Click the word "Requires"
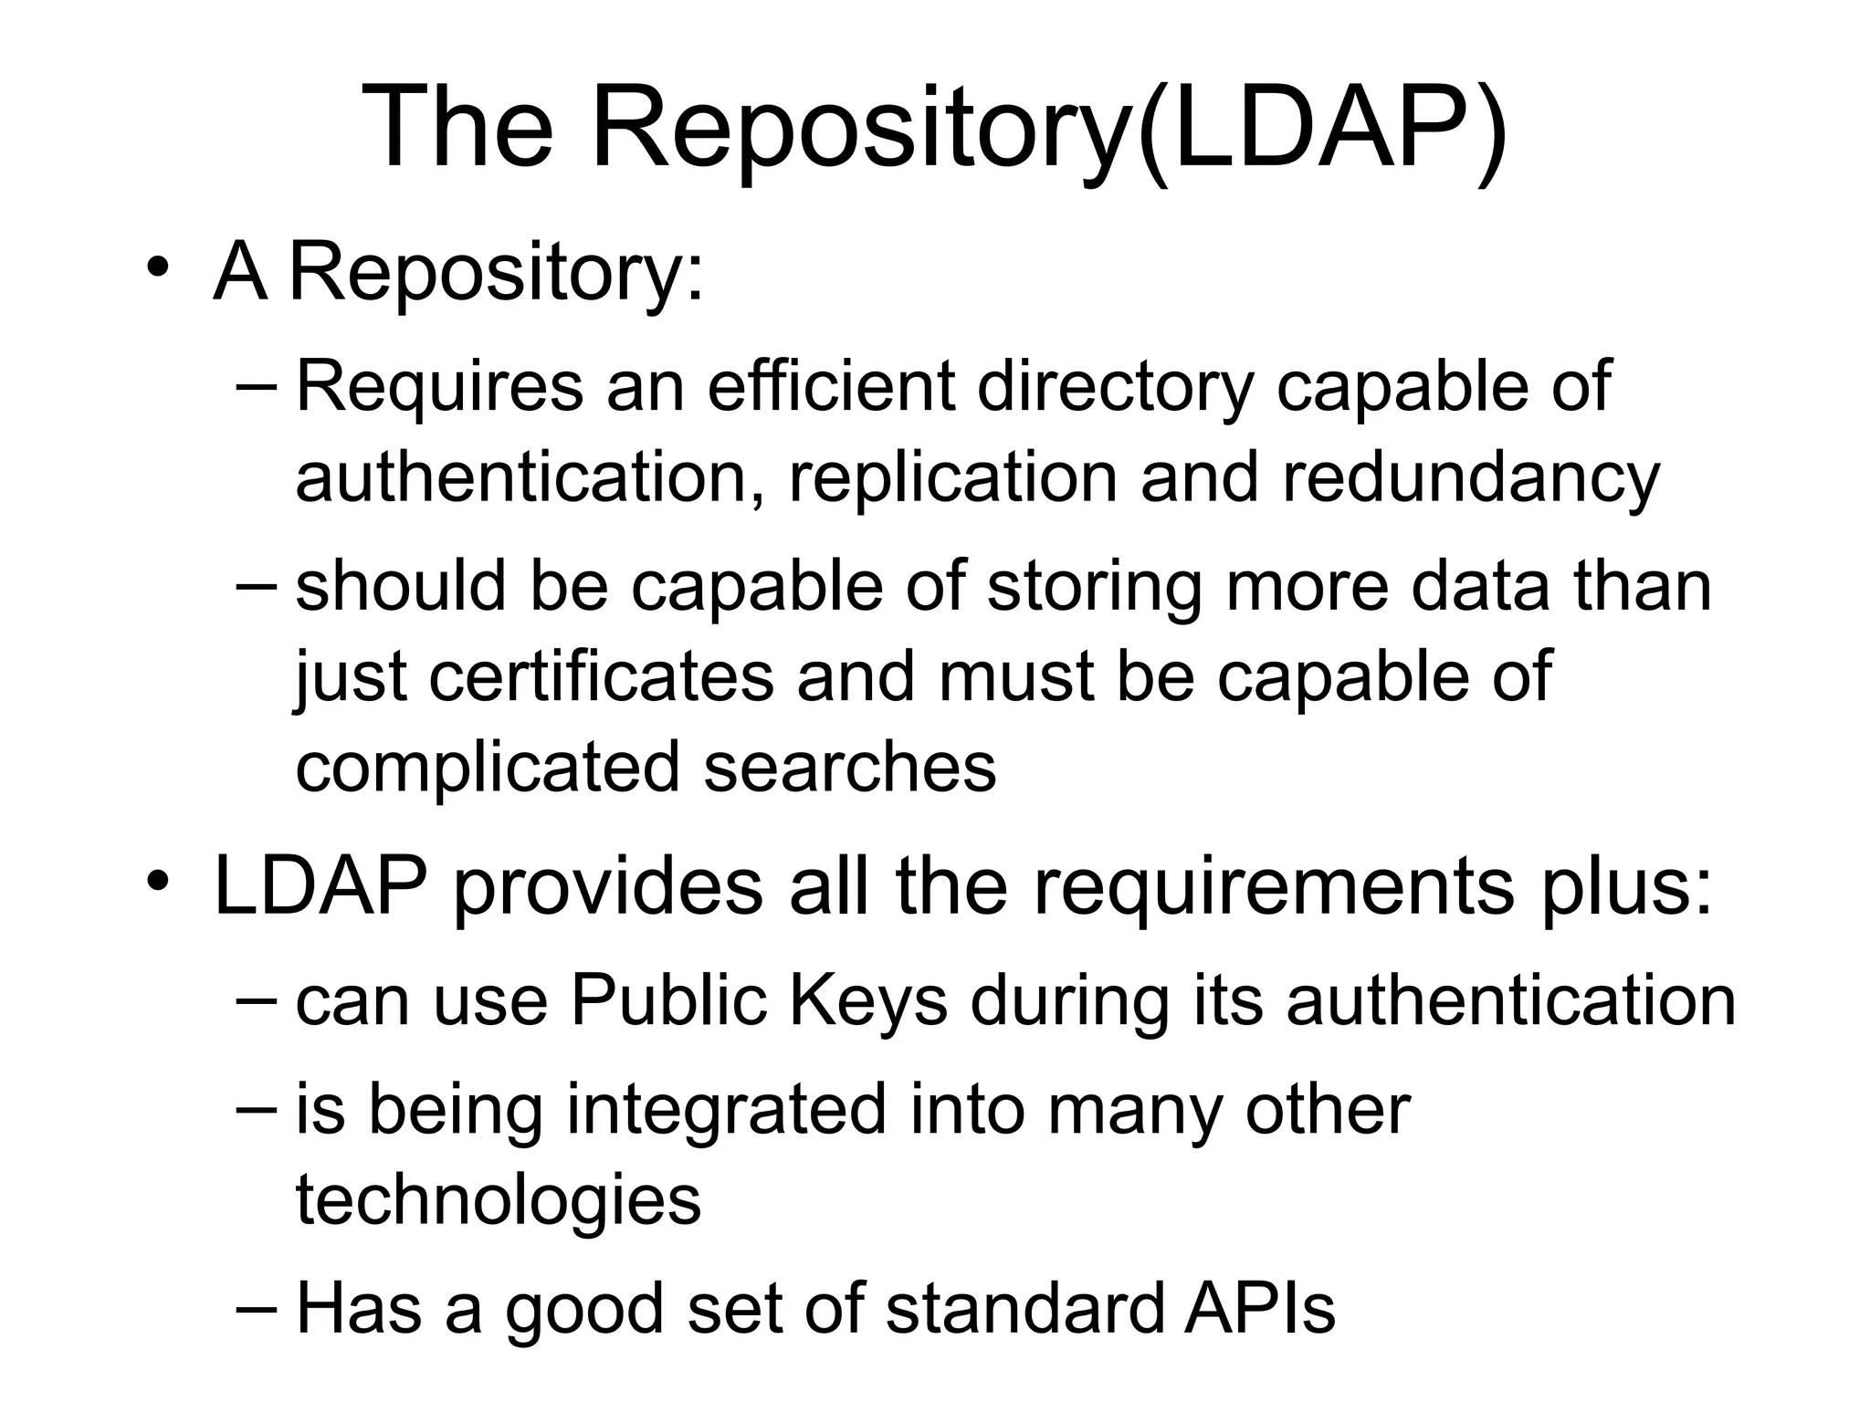(439, 386)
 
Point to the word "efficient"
(831, 386)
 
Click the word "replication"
(953, 478)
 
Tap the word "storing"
(1095, 588)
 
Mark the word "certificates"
(602, 677)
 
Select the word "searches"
(849, 767)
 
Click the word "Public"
(668, 1001)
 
